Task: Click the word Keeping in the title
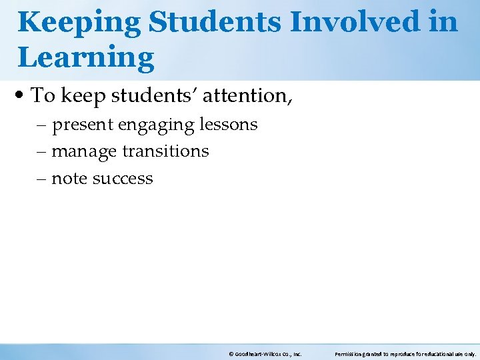point(79,23)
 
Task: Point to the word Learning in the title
point(86,58)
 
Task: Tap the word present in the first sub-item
point(83,125)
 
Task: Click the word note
point(70,179)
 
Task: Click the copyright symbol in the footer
point(230,355)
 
